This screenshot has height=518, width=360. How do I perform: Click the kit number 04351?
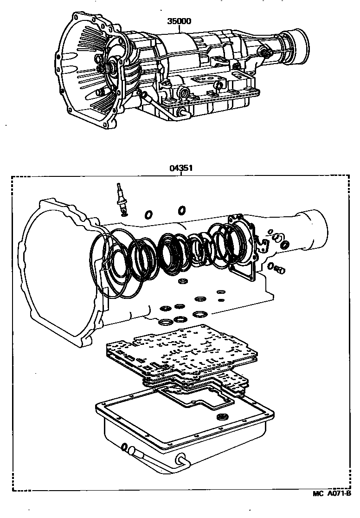[x=181, y=169]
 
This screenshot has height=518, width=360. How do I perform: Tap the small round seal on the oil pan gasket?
[x=224, y=416]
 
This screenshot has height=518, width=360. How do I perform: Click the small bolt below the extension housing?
[x=279, y=269]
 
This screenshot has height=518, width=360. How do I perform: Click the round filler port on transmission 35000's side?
[x=182, y=93]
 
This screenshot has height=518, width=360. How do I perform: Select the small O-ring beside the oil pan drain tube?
[x=124, y=447]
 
